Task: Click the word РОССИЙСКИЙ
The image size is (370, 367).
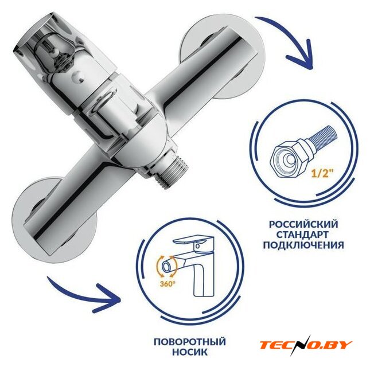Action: click(x=303, y=224)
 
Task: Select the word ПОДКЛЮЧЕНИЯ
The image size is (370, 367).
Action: click(x=303, y=245)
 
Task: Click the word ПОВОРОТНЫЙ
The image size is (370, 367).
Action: click(x=190, y=342)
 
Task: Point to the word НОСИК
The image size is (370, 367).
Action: click(x=190, y=352)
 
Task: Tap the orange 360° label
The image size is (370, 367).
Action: click(x=168, y=284)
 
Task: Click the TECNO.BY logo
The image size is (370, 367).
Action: click(x=306, y=345)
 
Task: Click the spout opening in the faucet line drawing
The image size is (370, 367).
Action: click(x=166, y=267)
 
